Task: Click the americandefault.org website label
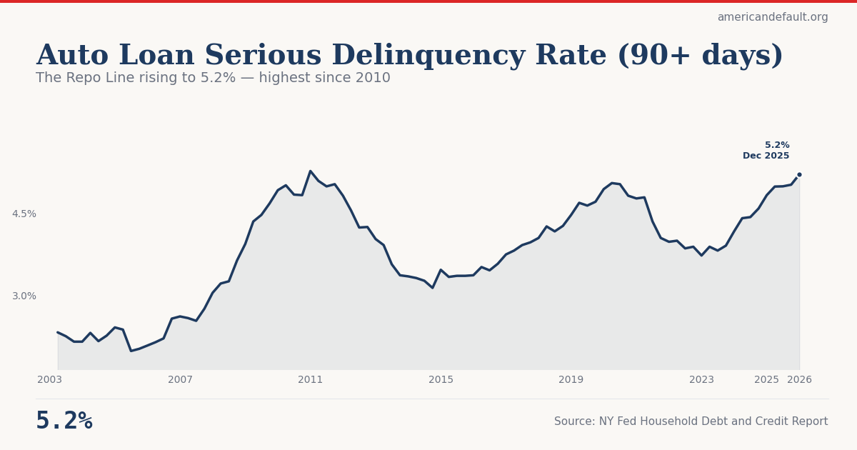(x=772, y=17)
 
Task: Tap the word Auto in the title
(x=72, y=56)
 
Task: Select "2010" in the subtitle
(x=372, y=78)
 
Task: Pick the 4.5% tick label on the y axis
(x=24, y=214)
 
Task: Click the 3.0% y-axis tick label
(x=24, y=296)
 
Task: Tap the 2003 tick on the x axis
(x=50, y=379)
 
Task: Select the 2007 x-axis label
(x=180, y=379)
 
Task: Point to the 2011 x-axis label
(x=310, y=379)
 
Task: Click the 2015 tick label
(x=441, y=379)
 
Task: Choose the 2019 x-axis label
(x=571, y=379)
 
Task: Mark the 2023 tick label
(x=701, y=379)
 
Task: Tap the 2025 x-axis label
(x=766, y=379)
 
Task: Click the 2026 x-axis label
(x=799, y=379)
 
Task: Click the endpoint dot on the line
(x=799, y=174)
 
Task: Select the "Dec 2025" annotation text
(x=766, y=156)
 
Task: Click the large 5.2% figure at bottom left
(x=64, y=421)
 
